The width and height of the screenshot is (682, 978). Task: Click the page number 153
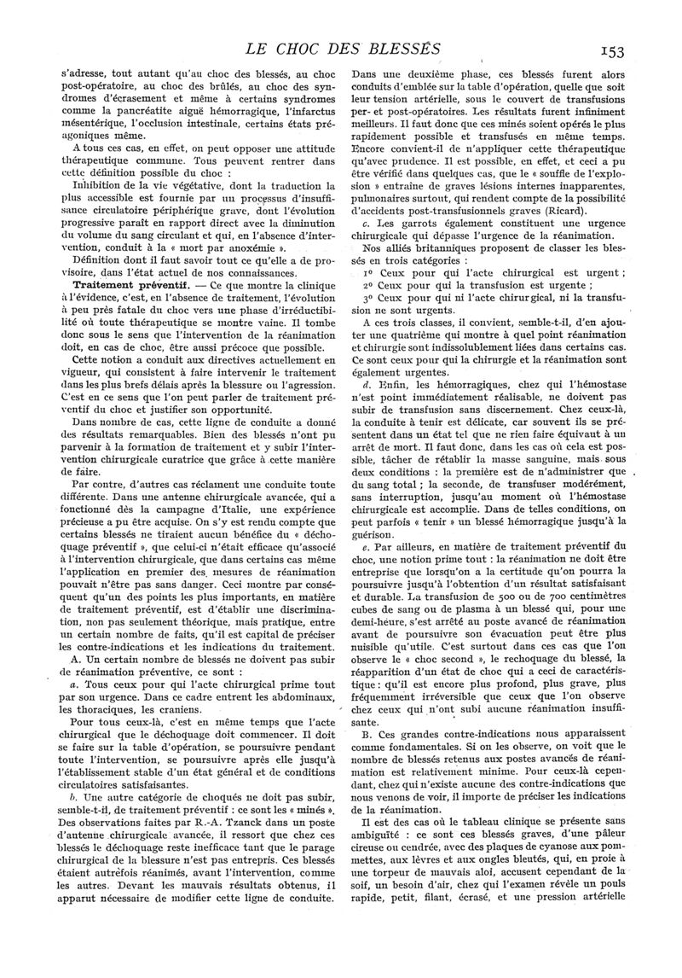tap(639, 51)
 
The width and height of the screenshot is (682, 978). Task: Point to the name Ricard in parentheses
tap(542, 211)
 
